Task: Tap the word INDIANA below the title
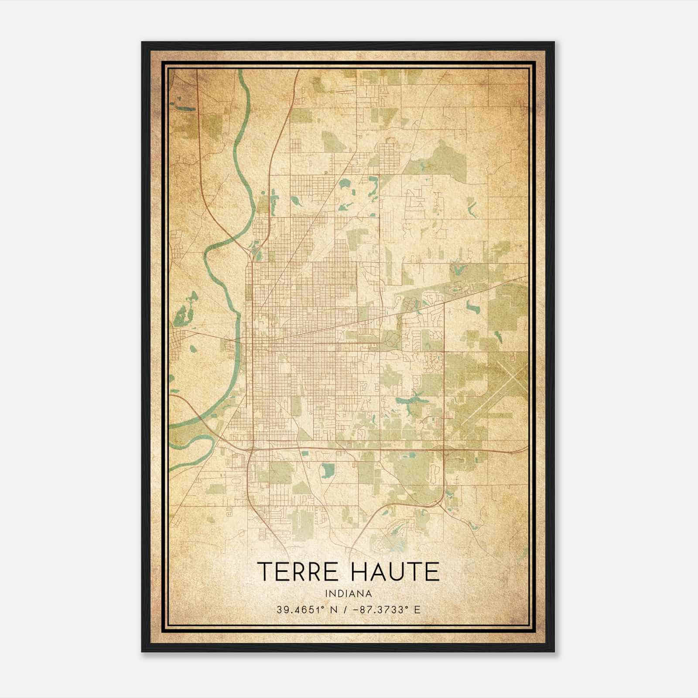(x=349, y=594)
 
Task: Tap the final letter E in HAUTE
(x=433, y=571)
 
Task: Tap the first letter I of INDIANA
(x=326, y=594)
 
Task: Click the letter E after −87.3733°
(x=417, y=609)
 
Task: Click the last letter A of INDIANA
(x=369, y=594)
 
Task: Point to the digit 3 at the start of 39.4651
(x=279, y=609)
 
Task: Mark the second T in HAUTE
(x=415, y=571)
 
